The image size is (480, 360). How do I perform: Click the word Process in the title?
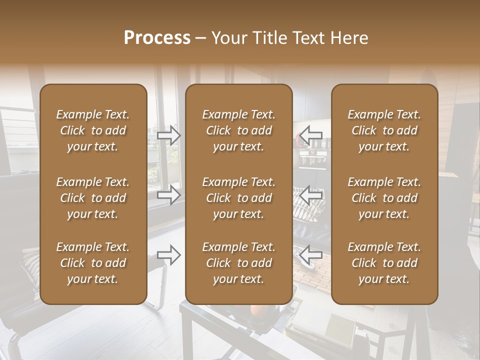click(157, 38)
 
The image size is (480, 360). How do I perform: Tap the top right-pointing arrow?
click(169, 135)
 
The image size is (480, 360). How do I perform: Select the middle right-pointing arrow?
click(169, 194)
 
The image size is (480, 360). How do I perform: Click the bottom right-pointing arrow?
click(169, 254)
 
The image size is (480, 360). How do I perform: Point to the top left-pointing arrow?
click(311, 135)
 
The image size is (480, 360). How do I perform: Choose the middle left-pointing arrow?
click(311, 194)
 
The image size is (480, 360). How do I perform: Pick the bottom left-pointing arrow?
click(311, 254)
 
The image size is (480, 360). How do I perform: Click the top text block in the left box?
click(93, 130)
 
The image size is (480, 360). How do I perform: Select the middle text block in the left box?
click(93, 198)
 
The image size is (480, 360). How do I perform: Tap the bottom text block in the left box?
click(93, 263)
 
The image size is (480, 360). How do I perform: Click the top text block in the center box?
click(238, 130)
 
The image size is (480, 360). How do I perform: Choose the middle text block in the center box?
click(238, 198)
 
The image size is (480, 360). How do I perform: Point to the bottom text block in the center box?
click(238, 263)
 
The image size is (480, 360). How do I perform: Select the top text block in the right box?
click(384, 130)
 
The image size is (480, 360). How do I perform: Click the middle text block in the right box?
click(384, 198)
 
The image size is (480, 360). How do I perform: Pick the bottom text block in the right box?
click(384, 263)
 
